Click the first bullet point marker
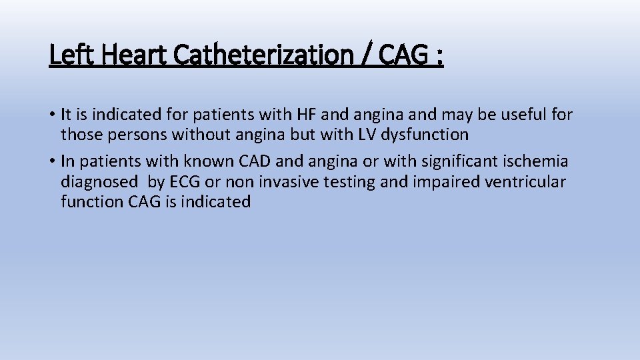point(52,115)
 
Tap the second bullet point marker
point(52,161)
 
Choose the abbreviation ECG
point(188,181)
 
